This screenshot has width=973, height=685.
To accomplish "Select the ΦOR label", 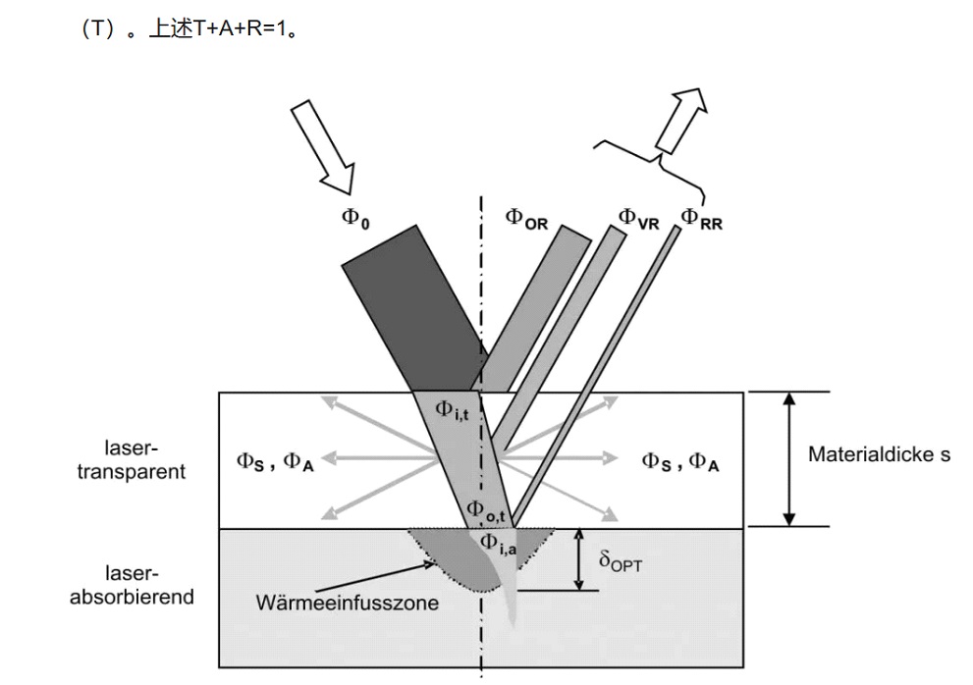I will [526, 217].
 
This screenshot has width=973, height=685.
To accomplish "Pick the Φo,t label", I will [486, 510].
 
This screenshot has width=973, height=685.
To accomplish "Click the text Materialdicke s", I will [879, 454].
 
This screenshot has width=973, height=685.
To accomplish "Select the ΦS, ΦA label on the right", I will [680, 460].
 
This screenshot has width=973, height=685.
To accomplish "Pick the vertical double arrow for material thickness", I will [786, 458].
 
